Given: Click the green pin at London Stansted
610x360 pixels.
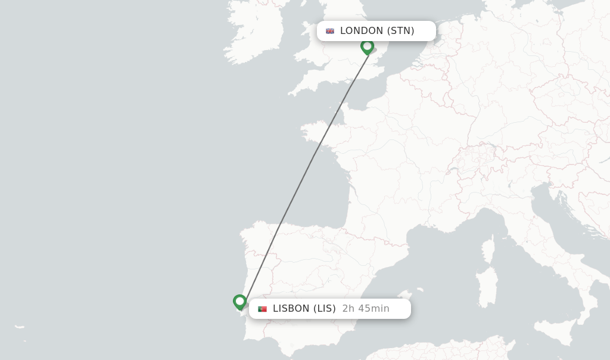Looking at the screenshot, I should pos(367,46).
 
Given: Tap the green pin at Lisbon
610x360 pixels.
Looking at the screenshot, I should pos(239,302).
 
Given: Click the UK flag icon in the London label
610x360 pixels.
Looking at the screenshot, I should pos(330,31).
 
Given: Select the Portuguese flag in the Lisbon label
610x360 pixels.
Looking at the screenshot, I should pos(262,309).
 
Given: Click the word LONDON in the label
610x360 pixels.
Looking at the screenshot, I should pos(362,31).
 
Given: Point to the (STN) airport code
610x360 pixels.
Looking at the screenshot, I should pos(401,31).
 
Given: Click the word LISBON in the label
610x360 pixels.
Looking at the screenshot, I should pos(291,309).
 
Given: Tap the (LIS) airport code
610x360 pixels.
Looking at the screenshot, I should pos(325,309).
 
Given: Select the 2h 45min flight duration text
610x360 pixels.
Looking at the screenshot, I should pos(366,309).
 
